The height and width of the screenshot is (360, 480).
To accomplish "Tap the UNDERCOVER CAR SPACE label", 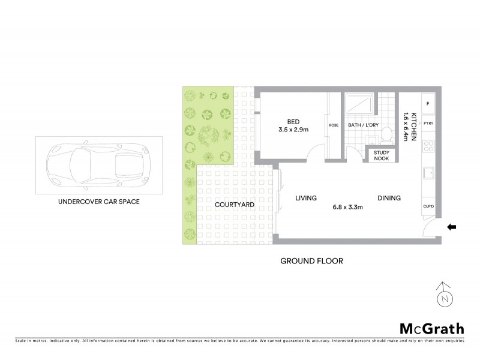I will tap(98, 202).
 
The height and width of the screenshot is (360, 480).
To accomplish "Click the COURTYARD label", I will tap(235, 205).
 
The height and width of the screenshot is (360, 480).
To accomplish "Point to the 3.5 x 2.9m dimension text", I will tap(293, 129).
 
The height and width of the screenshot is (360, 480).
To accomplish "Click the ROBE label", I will tap(334, 125).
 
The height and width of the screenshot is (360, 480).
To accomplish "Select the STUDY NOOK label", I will tap(382, 155).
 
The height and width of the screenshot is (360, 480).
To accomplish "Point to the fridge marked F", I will tap(428, 104).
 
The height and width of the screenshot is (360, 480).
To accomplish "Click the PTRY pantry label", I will tap(428, 124).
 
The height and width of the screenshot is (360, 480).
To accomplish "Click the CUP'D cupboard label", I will tap(428, 206).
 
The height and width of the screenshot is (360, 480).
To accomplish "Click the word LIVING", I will tap(305, 199).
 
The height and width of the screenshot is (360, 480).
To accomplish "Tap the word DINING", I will tap(389, 199).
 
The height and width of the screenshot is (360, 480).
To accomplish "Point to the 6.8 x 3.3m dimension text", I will tap(348, 208).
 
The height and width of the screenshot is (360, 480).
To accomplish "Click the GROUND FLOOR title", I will tap(311, 262).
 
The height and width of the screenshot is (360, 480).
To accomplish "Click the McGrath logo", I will tap(431, 328).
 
